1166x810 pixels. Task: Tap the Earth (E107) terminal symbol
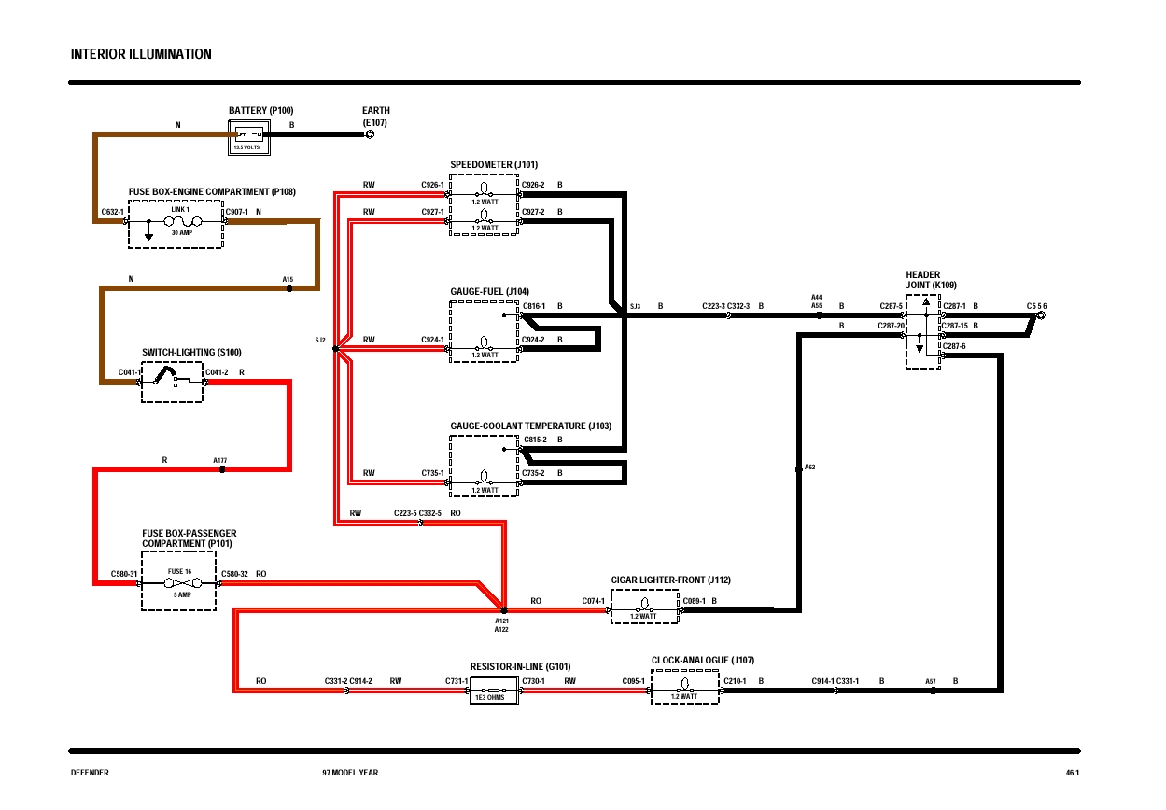370,134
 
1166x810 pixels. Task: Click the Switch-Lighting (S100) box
172,381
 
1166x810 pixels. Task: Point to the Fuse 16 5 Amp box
178,581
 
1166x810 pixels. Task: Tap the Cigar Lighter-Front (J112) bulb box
644,606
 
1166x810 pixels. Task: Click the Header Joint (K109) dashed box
922,331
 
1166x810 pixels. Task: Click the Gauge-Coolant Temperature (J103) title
530,426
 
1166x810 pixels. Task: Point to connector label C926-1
432,185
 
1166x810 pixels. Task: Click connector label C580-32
234,574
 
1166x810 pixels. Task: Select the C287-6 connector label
954,346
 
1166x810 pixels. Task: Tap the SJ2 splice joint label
320,341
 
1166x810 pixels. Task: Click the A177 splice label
220,460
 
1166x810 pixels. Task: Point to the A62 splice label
809,467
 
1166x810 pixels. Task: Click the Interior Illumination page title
141,54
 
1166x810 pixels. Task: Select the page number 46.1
1072,773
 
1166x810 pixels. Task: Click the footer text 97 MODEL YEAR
350,773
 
